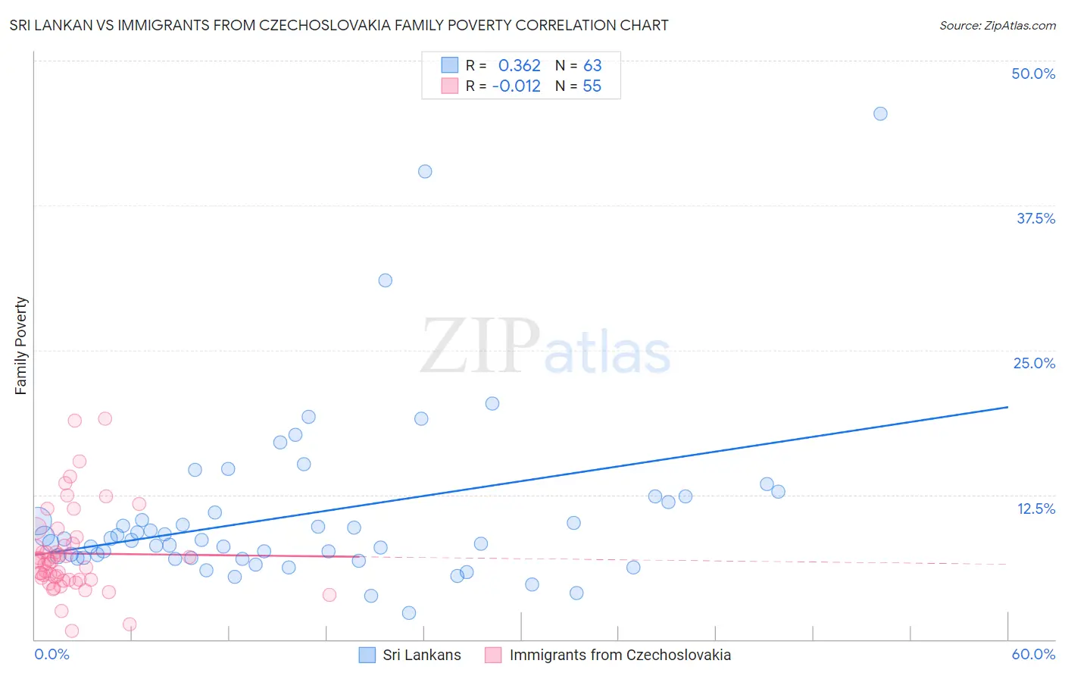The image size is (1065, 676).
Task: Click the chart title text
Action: (x=339, y=25)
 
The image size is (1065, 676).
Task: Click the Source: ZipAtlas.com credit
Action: (x=997, y=25)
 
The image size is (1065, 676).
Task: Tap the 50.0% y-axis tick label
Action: (x=1033, y=74)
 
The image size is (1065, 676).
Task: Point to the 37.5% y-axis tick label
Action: (x=1035, y=218)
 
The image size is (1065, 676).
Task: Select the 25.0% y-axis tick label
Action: (x=1034, y=363)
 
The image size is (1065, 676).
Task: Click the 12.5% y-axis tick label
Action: (x=1035, y=509)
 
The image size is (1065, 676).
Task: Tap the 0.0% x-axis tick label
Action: (x=52, y=654)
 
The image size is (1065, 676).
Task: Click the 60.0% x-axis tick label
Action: (x=1033, y=654)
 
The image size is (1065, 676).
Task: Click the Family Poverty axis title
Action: (x=21, y=346)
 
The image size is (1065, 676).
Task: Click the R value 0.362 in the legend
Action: (x=519, y=65)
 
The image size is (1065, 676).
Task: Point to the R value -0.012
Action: (x=516, y=86)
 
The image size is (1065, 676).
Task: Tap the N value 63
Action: (x=592, y=65)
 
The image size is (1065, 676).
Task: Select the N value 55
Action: (x=592, y=86)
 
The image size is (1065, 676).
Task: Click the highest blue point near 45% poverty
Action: (x=880, y=114)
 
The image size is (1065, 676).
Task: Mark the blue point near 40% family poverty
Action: (x=425, y=171)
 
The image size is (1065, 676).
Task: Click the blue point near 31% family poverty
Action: (x=385, y=280)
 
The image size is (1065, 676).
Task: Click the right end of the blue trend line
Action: (x=1007, y=407)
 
